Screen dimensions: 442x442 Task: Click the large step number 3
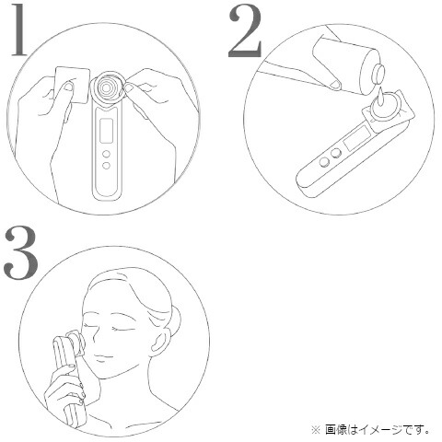tap(21, 251)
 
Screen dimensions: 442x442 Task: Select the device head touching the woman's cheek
tap(76, 343)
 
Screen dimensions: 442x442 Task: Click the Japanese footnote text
tap(377, 428)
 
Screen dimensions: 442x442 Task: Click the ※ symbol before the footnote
tap(315, 428)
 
